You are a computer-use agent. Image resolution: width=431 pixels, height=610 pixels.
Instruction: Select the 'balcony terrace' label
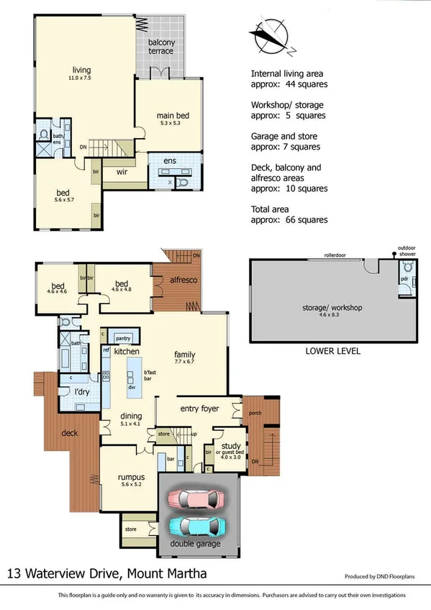(x=161, y=47)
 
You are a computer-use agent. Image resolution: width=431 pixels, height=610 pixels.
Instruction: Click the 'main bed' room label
(x=173, y=116)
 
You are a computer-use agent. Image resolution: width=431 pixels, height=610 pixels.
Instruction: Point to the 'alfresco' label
(x=183, y=279)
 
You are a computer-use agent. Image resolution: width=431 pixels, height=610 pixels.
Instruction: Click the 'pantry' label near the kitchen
(x=122, y=337)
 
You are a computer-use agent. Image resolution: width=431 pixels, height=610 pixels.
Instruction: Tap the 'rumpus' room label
(x=132, y=477)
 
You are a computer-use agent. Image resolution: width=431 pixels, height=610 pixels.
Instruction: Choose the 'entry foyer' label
(x=199, y=406)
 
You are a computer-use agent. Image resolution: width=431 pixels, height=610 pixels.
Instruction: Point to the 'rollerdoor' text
(x=336, y=255)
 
